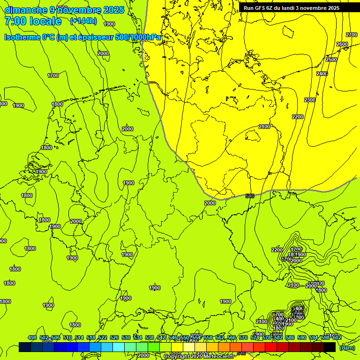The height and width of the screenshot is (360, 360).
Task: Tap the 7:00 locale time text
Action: point(33,21)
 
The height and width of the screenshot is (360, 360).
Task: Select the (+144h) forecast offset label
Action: point(83,21)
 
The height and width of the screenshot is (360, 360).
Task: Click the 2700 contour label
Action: point(352,35)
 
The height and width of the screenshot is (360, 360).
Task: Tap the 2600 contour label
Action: point(342,44)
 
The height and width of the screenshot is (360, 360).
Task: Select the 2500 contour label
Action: point(331,60)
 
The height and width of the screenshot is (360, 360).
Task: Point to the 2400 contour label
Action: point(322,74)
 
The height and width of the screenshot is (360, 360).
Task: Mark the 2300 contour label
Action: point(310,100)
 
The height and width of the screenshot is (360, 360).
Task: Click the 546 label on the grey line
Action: point(250,195)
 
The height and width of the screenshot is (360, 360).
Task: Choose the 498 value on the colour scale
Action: point(32,337)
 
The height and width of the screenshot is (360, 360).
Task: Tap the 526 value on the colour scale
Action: point(114,337)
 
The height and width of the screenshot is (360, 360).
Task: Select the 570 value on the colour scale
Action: point(243,337)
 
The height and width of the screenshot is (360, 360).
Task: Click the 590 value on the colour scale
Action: point(302,337)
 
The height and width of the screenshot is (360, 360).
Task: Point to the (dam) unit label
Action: point(347,348)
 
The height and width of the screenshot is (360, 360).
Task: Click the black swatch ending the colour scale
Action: point(330,347)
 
